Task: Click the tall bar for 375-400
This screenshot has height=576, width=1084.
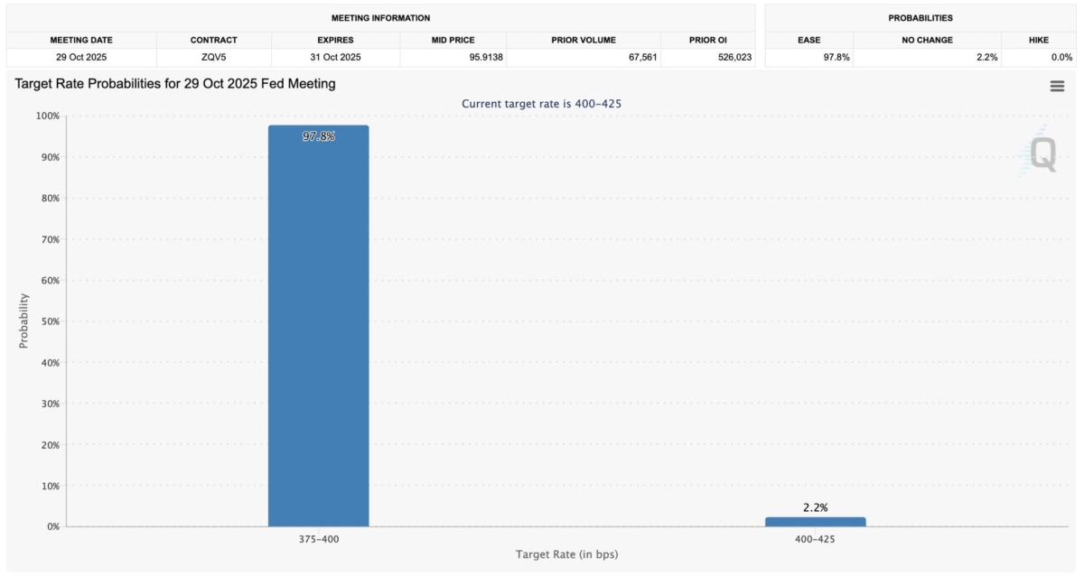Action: click(318, 325)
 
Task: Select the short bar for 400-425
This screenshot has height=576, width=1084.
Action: click(815, 522)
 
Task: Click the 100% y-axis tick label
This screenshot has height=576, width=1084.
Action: click(46, 116)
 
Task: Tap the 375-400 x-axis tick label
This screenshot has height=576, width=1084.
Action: click(318, 538)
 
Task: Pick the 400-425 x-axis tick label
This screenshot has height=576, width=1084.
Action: click(815, 538)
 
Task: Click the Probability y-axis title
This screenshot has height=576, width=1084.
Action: click(24, 321)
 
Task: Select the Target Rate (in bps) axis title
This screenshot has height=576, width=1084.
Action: click(566, 553)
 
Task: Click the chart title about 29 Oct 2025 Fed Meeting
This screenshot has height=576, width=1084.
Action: click(175, 84)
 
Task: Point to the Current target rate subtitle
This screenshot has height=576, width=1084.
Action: click(541, 104)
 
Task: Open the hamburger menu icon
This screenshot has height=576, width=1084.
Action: click(1057, 86)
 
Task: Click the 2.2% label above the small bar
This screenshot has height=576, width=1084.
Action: click(815, 508)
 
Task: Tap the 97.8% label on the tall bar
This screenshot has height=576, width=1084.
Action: click(318, 136)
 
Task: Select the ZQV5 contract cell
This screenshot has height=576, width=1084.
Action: click(213, 57)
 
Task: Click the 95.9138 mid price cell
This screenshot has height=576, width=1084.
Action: click(453, 57)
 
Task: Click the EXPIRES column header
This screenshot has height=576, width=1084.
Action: click(335, 41)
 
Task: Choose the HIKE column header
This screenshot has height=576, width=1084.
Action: click(1038, 41)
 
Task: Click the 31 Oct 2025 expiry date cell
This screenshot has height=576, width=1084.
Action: click(335, 57)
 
